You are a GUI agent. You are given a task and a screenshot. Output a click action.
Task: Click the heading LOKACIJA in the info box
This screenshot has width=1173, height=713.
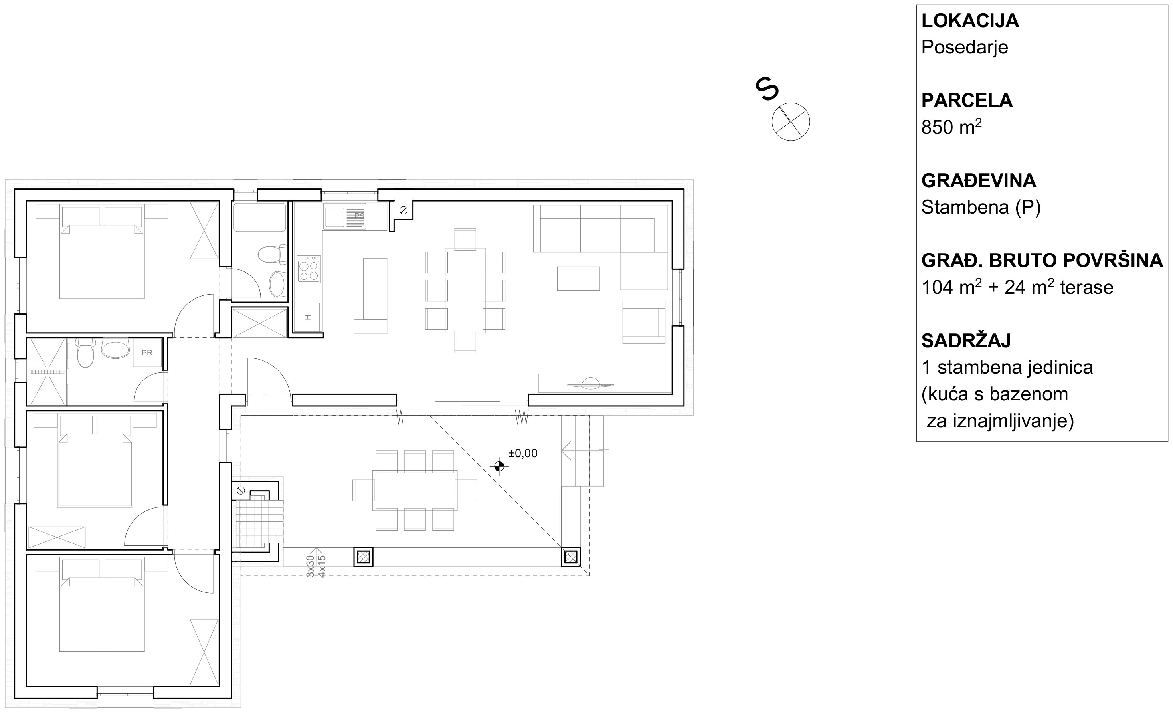970,21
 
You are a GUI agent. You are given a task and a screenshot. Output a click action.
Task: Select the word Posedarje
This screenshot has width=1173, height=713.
965,47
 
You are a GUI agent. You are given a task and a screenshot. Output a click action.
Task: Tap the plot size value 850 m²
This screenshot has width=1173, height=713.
951,127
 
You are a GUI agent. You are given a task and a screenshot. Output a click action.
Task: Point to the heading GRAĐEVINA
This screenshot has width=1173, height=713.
978,180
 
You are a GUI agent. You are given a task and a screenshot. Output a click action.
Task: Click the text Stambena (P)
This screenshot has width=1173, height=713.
981,208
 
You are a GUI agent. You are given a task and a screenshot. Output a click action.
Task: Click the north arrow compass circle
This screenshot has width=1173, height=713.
791,121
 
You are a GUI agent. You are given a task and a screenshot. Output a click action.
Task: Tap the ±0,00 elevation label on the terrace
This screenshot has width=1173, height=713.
523,454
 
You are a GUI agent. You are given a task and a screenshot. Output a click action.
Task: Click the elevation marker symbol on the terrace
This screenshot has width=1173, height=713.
499,466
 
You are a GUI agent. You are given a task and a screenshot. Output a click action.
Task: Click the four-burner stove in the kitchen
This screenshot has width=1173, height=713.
309,269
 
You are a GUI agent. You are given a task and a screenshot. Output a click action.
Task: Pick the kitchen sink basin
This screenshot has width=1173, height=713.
334,217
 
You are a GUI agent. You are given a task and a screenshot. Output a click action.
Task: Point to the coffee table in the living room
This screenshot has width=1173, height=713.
578,278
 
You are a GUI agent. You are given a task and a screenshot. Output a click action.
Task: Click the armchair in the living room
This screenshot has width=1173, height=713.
644,322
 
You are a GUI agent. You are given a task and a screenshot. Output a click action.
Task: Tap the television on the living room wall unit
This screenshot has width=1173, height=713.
590,384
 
